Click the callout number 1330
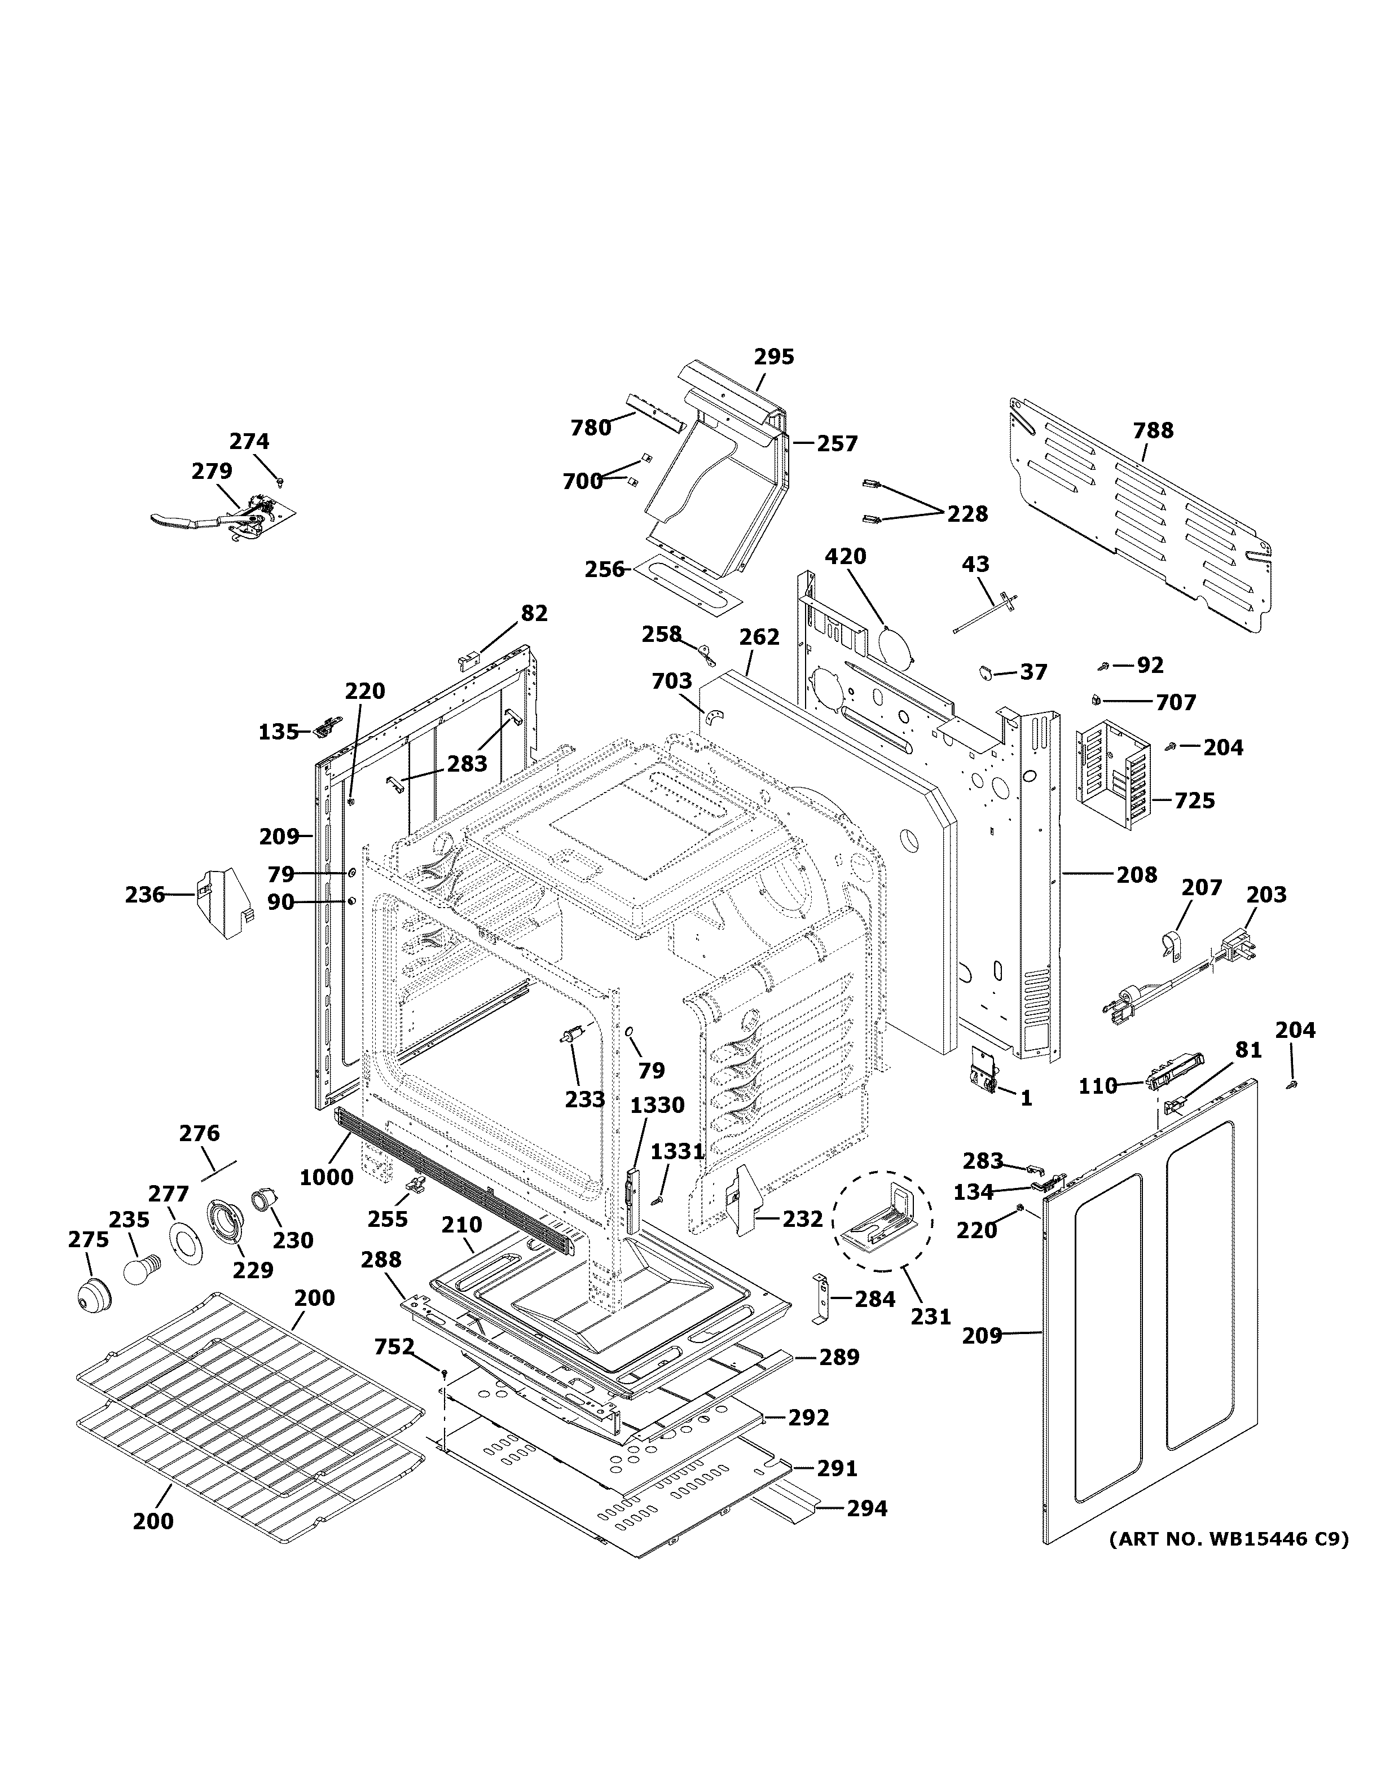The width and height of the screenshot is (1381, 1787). [657, 1106]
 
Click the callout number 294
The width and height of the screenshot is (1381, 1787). [867, 1508]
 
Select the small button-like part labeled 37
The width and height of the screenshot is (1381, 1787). [987, 672]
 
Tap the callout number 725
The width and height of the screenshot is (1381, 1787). [1194, 800]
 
